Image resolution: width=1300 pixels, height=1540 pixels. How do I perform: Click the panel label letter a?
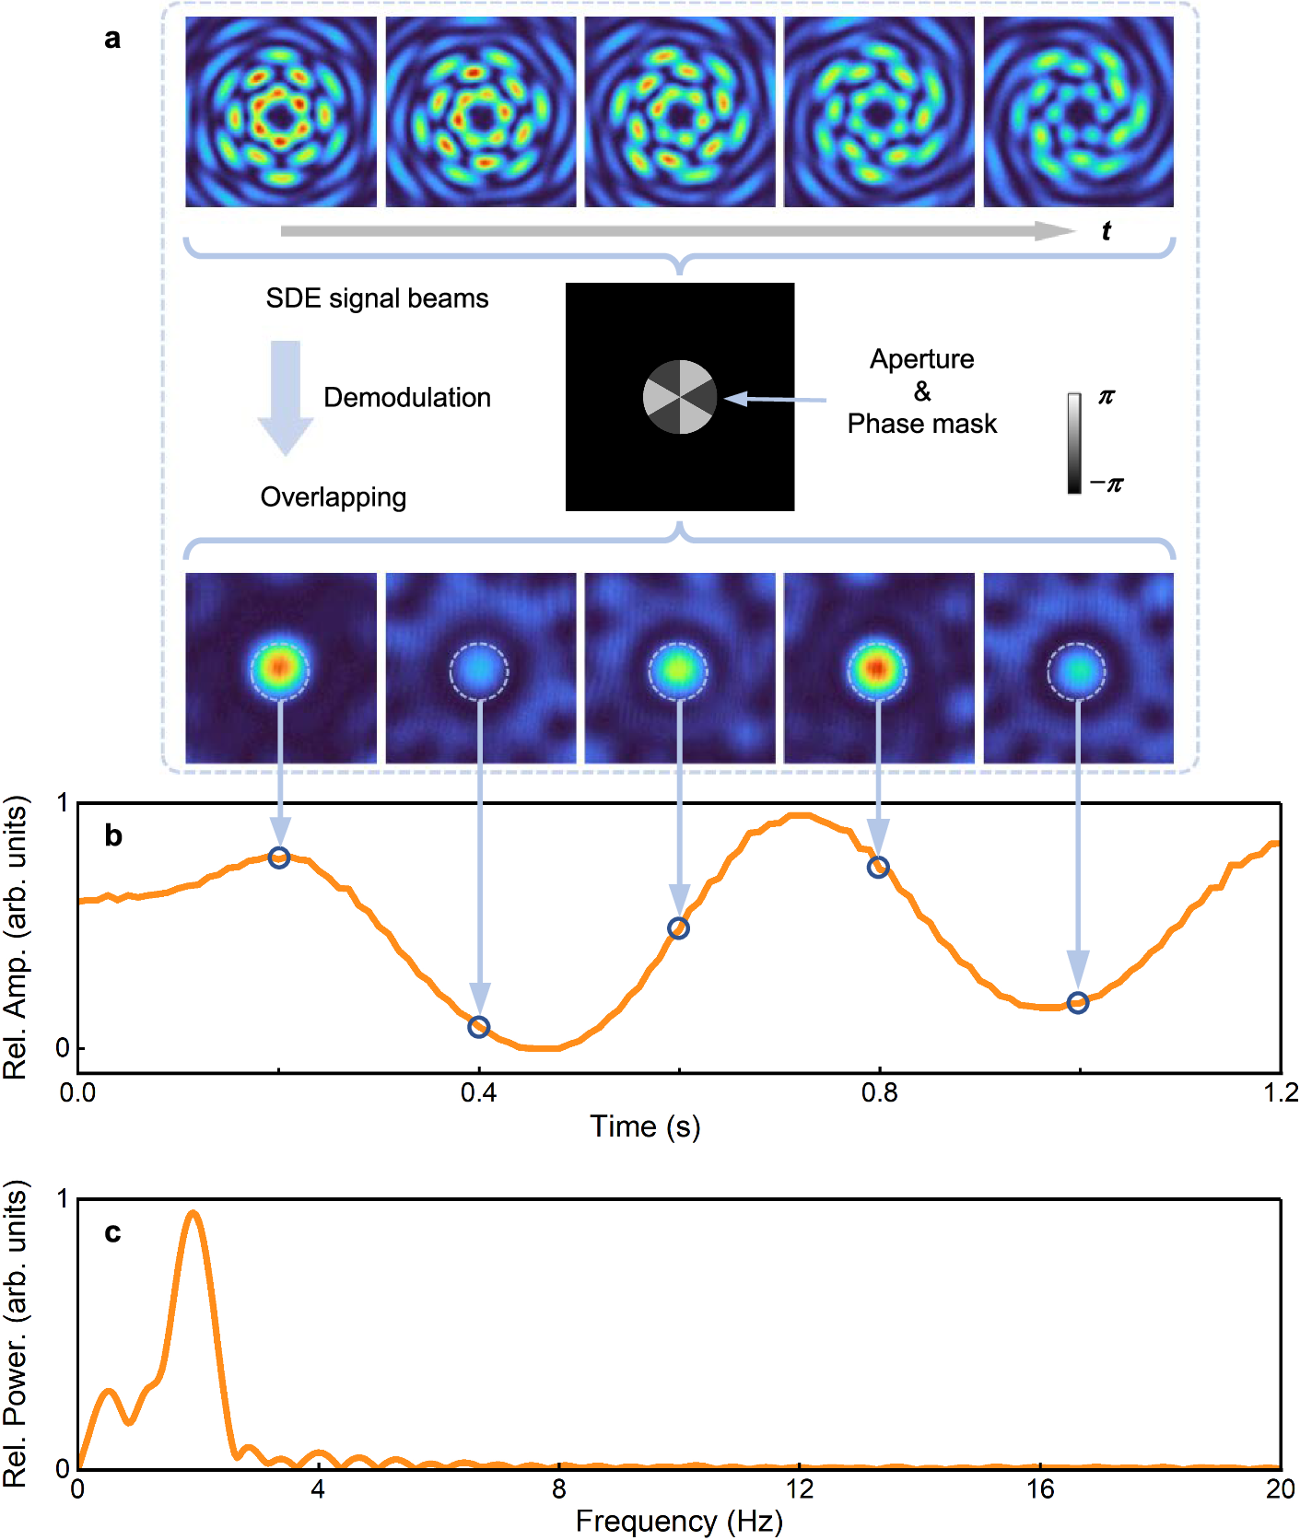coord(112,39)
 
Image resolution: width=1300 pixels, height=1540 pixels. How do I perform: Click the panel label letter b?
coord(113,835)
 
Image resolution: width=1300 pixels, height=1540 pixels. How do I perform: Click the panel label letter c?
coord(112,1232)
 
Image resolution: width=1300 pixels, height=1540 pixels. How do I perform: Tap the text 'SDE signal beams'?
coord(377,298)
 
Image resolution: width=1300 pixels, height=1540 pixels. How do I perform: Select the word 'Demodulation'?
coord(406,397)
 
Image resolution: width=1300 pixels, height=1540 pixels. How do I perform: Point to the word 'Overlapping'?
coord(333,497)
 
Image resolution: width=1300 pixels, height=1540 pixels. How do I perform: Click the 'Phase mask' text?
coord(921,424)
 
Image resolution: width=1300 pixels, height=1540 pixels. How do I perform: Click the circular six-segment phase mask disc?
coord(680,397)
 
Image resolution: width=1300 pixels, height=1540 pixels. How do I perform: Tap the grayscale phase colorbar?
coord(1074,443)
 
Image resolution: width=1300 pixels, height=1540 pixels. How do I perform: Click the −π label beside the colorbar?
coord(1107,484)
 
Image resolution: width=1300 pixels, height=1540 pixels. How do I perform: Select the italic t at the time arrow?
coord(1106,231)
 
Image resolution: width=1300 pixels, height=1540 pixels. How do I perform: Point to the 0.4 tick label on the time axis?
coord(478,1093)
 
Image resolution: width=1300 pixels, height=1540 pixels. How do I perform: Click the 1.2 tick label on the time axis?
coord(1281,1093)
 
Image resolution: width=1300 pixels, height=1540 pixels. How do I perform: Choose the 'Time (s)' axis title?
coord(645,1126)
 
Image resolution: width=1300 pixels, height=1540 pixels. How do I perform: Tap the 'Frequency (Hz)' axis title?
coord(679,1522)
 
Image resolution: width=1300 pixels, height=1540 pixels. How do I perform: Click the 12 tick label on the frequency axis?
coord(800,1489)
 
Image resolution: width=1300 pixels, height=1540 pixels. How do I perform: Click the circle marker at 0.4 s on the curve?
coord(478,1027)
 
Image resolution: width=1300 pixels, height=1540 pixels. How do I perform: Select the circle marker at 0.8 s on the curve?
coord(878,867)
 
